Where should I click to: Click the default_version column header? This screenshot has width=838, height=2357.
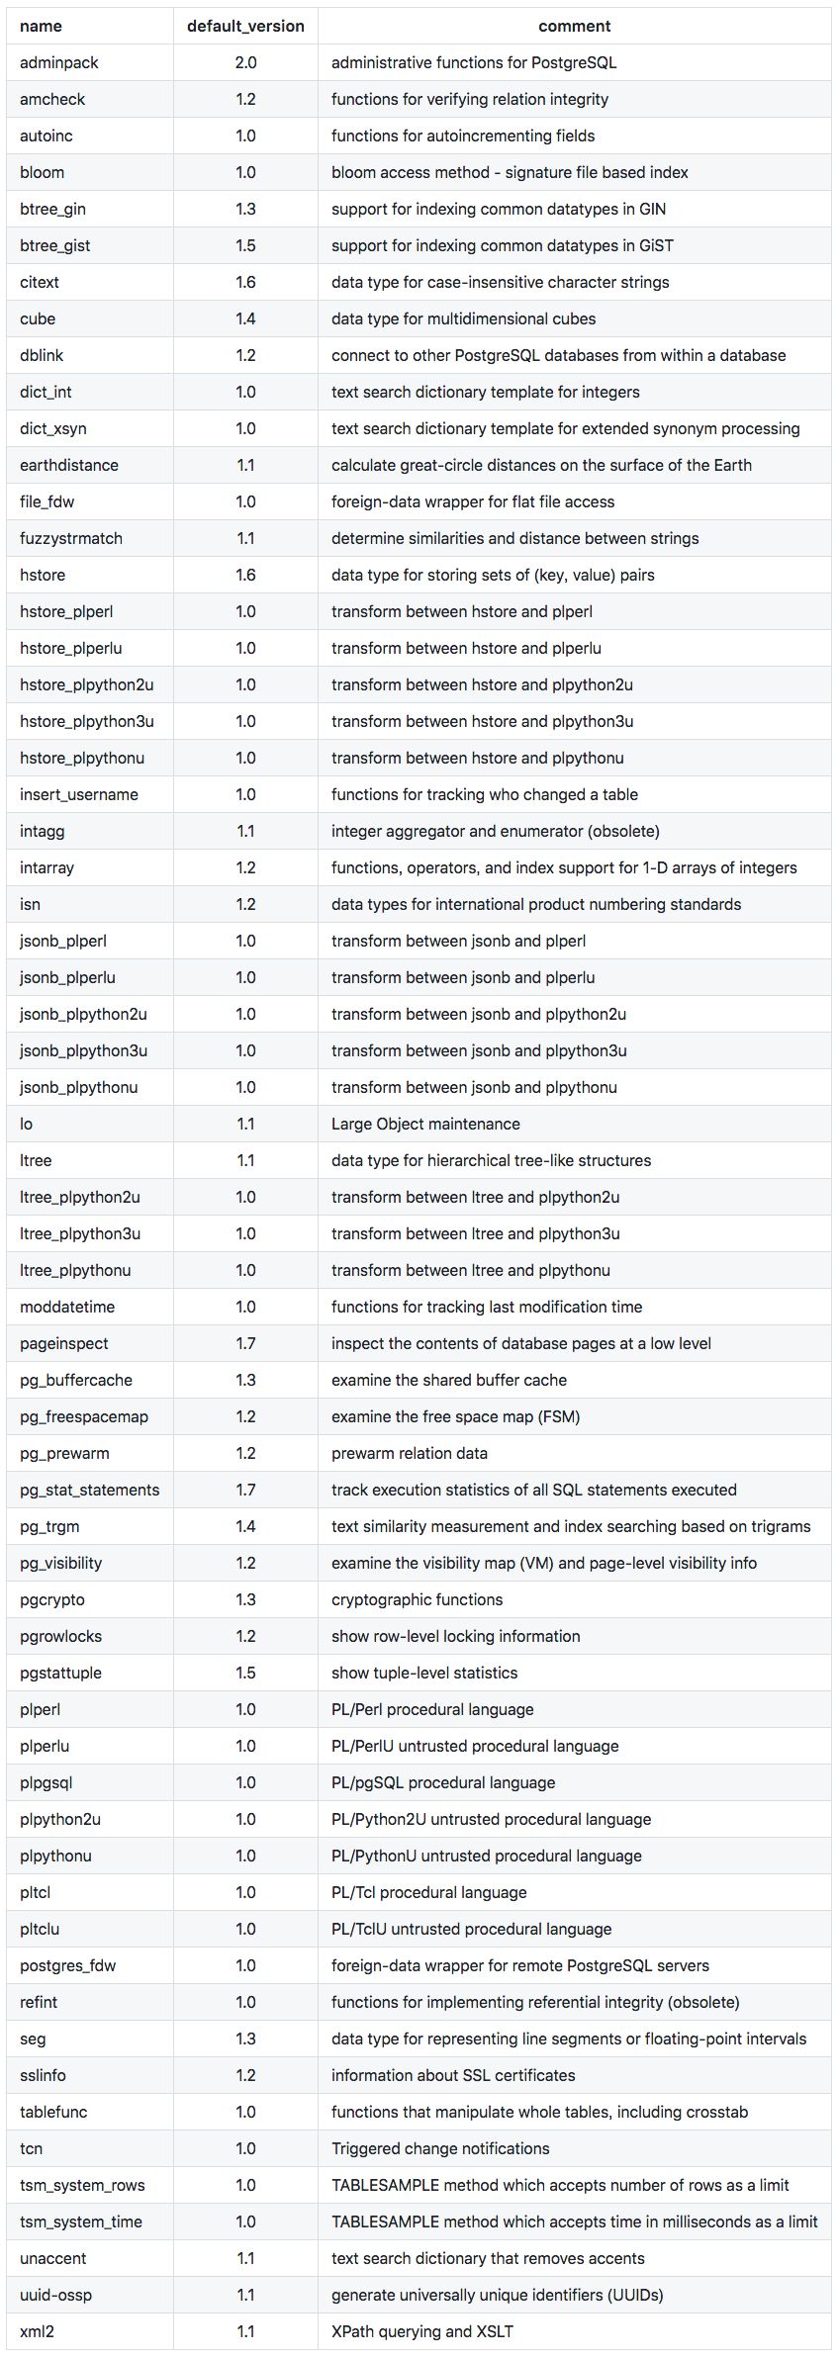pyautogui.click(x=245, y=26)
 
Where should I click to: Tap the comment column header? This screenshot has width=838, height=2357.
pyautogui.click(x=574, y=26)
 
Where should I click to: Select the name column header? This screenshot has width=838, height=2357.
pyautogui.click(x=41, y=26)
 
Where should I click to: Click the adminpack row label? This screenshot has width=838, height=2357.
pyautogui.click(x=59, y=62)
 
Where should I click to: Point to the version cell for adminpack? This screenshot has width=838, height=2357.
pyautogui.click(x=245, y=62)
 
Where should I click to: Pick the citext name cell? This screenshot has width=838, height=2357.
pyautogui.click(x=40, y=282)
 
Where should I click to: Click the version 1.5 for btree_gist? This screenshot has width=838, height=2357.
pyautogui.click(x=245, y=245)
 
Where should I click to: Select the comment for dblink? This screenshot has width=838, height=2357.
pyautogui.click(x=558, y=355)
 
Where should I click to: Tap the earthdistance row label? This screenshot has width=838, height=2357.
pyautogui.click(x=69, y=465)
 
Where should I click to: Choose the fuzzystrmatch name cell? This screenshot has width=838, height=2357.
pyautogui.click(x=71, y=538)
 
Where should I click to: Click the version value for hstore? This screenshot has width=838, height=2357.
pyautogui.click(x=245, y=575)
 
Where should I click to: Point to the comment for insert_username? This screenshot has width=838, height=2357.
pyautogui.click(x=484, y=794)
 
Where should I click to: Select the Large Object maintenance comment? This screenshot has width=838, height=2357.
pyautogui.click(x=425, y=1124)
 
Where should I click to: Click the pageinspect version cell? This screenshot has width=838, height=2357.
pyautogui.click(x=245, y=1343)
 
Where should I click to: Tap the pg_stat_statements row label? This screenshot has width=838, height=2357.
pyautogui.click(x=89, y=1490)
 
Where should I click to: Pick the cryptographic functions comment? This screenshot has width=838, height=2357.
pyautogui.click(x=417, y=1599)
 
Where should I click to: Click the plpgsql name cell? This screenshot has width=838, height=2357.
pyautogui.click(x=47, y=1782)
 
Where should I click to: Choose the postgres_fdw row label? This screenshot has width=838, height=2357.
pyautogui.click(x=67, y=1965)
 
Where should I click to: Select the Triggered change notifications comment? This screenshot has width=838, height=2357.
pyautogui.click(x=440, y=2148)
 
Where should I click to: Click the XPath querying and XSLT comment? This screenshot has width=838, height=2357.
pyautogui.click(x=422, y=2331)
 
